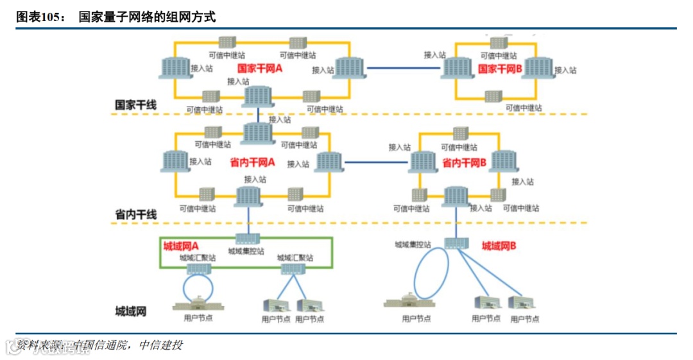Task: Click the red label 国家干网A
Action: click(x=260, y=68)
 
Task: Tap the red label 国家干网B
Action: click(x=500, y=68)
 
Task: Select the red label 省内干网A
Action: click(x=252, y=163)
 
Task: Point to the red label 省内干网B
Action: click(x=464, y=163)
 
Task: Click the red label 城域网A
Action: click(x=181, y=246)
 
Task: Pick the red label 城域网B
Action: click(x=499, y=246)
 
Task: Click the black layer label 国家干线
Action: click(x=135, y=105)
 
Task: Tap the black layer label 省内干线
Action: click(x=135, y=214)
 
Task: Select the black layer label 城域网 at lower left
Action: click(x=130, y=312)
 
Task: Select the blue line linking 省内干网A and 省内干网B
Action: click(x=376, y=163)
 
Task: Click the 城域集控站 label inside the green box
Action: click(x=246, y=252)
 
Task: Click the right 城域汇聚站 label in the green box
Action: click(x=295, y=257)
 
